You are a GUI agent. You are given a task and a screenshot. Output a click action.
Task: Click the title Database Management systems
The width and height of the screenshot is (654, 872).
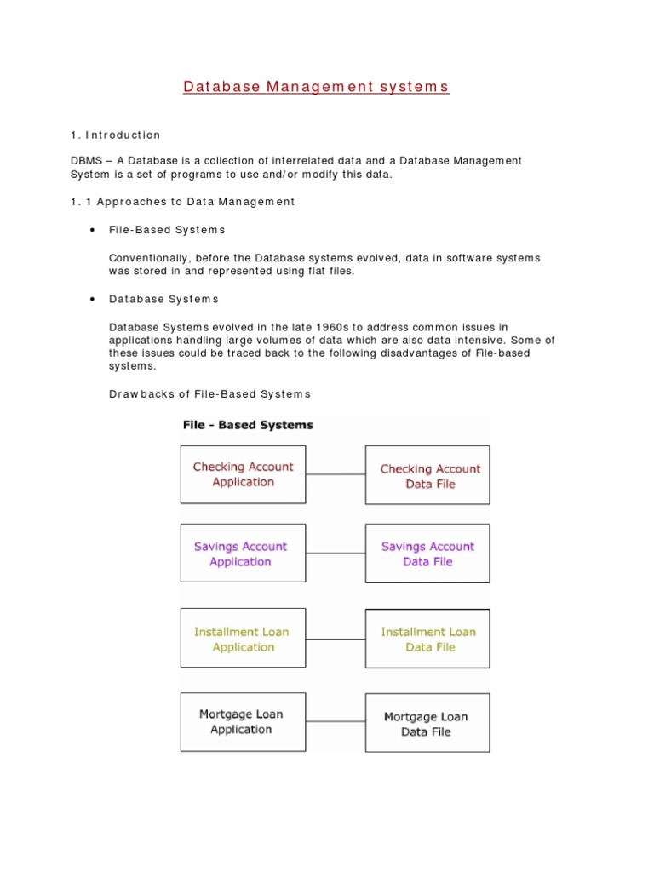316,87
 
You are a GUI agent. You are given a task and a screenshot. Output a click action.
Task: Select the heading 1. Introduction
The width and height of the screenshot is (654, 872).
115,135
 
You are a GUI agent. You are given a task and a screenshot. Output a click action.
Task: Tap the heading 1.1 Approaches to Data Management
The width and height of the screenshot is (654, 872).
182,202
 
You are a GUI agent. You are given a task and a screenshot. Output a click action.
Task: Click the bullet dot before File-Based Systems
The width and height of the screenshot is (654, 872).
91,231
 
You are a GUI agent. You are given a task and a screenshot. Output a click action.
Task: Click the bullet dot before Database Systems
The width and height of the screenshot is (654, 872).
91,300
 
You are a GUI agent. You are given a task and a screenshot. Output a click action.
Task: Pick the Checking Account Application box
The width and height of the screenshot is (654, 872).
243,474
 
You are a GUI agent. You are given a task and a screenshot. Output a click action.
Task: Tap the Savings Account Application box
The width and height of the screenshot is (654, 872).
243,554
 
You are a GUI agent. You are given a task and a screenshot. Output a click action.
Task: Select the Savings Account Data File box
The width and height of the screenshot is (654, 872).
427,554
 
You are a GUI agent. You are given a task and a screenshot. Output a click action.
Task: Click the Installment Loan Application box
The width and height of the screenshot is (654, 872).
243,639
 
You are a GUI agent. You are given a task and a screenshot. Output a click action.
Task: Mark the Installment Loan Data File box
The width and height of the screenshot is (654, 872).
427,639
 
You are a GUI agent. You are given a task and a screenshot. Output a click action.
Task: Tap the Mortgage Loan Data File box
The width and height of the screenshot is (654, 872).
427,723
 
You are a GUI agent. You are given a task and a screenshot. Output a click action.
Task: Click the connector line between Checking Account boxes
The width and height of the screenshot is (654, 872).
336,474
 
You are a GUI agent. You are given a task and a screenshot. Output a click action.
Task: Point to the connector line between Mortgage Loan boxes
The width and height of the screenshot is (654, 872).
336,722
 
